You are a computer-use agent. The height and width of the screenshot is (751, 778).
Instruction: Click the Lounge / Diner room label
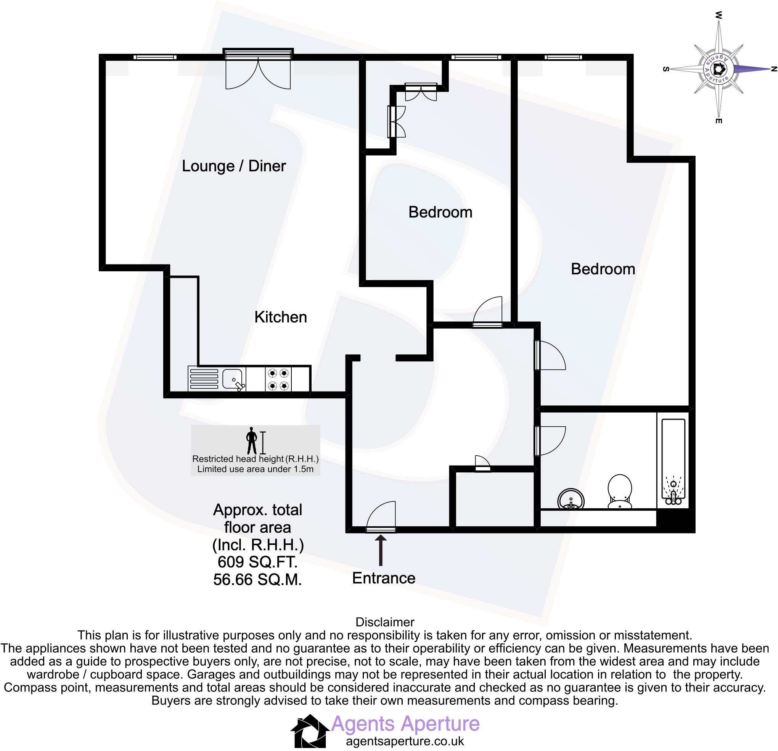[233, 166]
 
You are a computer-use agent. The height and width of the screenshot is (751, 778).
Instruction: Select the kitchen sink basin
[233, 378]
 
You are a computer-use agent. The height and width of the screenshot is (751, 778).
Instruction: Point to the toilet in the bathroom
[620, 492]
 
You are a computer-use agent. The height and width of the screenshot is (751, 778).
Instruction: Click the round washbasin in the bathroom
[571, 499]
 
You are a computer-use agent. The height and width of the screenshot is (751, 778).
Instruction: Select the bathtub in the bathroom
[673, 461]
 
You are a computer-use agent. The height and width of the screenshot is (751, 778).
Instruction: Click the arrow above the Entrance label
[380, 550]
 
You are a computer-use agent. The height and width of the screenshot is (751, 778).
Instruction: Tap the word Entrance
[383, 578]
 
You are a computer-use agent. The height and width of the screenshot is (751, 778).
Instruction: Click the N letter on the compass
[773, 69]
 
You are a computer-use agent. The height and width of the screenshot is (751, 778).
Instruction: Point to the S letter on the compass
[665, 69]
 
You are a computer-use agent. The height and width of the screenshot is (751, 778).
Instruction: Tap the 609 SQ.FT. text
[257, 562]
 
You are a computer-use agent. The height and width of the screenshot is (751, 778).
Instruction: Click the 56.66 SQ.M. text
[257, 580]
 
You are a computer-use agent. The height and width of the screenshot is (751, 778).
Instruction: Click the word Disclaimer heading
[385, 622]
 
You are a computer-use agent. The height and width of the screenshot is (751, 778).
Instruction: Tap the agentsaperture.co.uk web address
[405, 741]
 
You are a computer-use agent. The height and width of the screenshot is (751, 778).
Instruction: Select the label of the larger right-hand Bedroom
[603, 269]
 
